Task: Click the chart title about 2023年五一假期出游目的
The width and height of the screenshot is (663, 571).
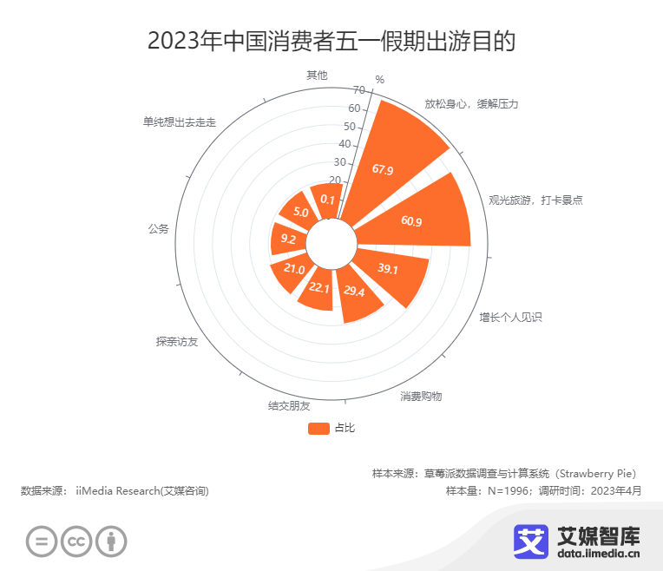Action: [331, 41]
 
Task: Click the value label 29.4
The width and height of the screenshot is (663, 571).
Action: [354, 292]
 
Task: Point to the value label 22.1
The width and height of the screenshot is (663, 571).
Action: [319, 288]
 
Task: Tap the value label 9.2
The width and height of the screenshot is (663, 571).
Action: [288, 240]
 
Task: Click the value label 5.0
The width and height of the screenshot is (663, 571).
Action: [300, 212]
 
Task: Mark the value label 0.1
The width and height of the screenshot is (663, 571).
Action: [327, 200]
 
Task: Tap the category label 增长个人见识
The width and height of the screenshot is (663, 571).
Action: [510, 318]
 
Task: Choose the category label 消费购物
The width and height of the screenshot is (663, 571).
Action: [421, 397]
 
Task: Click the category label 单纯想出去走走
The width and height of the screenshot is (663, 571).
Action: [180, 122]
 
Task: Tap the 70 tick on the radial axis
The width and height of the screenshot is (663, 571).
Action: [359, 90]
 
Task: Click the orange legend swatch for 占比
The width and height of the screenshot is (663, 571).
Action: [318, 428]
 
